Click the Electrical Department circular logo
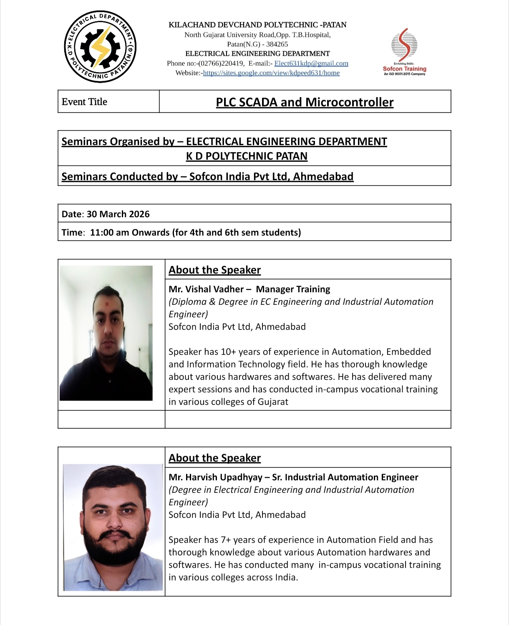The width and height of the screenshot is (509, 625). pyautogui.click(x=101, y=47)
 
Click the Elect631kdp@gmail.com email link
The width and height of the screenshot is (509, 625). pyautogui.click(x=311, y=63)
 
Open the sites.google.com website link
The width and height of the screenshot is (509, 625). pyautogui.click(x=271, y=73)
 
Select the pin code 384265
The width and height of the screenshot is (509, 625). pyautogui.click(x=277, y=44)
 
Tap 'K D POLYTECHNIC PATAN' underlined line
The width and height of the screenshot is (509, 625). pyautogui.click(x=247, y=156)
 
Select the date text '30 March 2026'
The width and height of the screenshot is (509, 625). pyautogui.click(x=118, y=214)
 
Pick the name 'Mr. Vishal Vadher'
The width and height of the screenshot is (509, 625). pyautogui.click(x=206, y=289)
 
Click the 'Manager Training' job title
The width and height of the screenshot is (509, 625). pyautogui.click(x=293, y=289)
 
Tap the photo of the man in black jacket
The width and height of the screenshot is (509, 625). pyautogui.click(x=106, y=333)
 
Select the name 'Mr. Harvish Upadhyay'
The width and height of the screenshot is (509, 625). pyautogui.click(x=216, y=477)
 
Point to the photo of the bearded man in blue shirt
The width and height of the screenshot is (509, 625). pyautogui.click(x=113, y=527)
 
